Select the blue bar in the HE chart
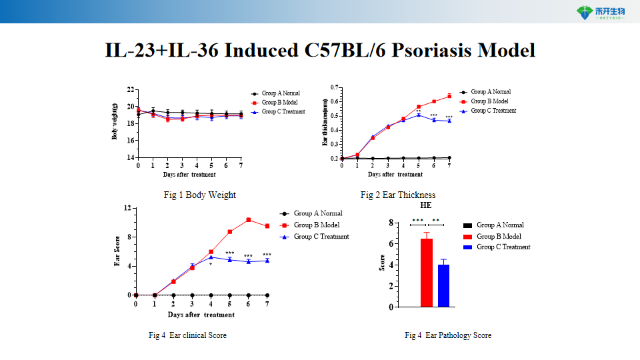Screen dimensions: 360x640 443,285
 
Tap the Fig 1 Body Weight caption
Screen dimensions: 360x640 199,195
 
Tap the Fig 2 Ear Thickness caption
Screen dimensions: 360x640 397,195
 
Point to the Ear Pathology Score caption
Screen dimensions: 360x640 448,335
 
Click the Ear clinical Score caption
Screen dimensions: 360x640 192,335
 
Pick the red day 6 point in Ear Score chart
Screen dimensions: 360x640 248,220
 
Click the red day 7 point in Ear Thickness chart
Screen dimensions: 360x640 449,96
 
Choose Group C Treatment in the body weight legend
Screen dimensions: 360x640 283,112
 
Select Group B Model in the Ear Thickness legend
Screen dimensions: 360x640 489,101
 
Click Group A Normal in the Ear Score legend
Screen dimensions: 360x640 318,213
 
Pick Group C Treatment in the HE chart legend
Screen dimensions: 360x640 503,247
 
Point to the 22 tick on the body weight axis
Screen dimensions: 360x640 131,89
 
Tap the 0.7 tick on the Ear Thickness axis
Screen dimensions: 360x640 335,87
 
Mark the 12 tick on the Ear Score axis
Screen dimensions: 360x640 127,209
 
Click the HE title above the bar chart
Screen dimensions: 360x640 426,206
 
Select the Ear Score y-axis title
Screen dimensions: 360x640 117,252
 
